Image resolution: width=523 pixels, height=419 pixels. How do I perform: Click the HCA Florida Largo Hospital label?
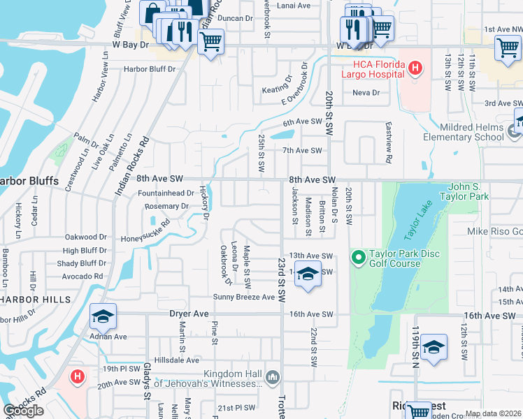tap(373, 68)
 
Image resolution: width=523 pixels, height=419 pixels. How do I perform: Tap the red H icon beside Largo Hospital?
tap(416, 68)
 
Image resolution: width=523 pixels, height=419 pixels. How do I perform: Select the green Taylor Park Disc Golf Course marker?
tap(359, 258)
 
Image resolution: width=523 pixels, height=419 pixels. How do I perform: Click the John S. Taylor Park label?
tap(478, 192)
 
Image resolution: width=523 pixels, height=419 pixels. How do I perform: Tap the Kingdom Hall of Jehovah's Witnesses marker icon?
tap(273, 378)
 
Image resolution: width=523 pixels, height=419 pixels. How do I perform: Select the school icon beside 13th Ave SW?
tap(307, 274)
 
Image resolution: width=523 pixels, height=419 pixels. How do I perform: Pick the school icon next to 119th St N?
tap(434, 347)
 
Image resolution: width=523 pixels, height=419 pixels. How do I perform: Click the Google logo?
tap(23, 411)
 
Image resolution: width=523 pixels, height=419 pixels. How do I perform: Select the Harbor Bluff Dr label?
tap(150, 69)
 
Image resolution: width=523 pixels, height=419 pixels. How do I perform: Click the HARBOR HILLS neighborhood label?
tap(34, 299)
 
